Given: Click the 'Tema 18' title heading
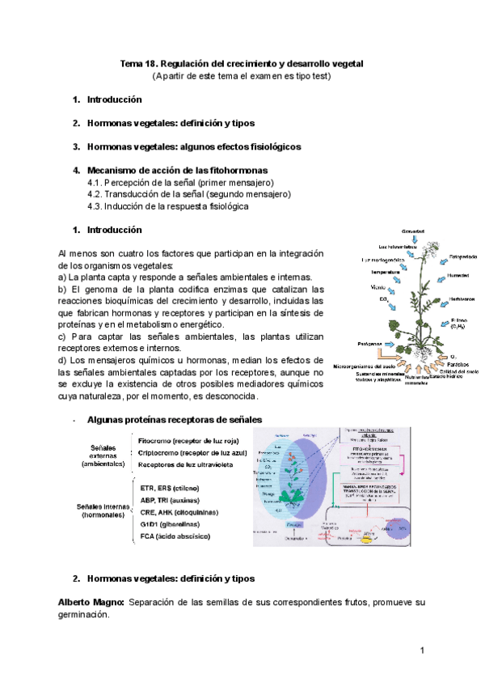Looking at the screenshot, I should click(242, 63).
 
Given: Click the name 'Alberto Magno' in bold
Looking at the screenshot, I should click(91, 603).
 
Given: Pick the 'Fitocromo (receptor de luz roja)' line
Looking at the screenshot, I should click(188, 440).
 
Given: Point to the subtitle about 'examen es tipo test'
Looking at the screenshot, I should click(242, 76).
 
